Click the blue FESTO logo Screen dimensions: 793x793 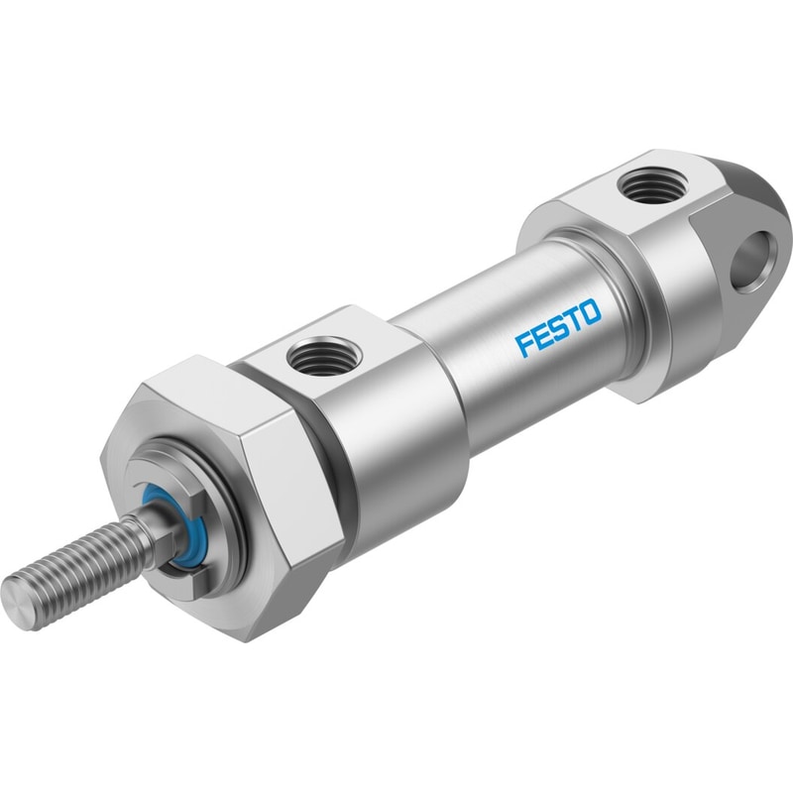coord(558,328)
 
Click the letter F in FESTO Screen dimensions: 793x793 coord(523,346)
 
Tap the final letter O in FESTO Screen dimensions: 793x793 coord(592,312)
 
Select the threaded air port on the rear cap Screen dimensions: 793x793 coord(654,186)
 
